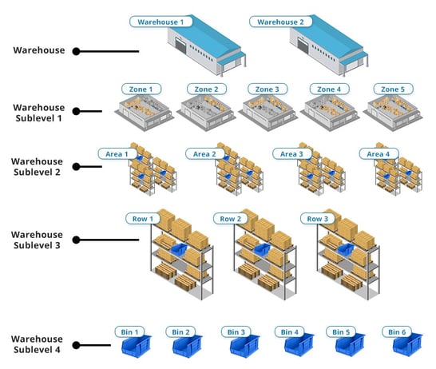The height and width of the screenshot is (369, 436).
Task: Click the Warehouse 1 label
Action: [161, 22]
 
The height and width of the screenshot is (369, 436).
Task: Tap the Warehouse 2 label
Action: [280, 22]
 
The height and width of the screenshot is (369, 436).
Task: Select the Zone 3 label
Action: [268, 89]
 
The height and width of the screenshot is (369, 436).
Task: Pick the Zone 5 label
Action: [393, 89]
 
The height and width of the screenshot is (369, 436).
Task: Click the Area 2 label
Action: [205, 154]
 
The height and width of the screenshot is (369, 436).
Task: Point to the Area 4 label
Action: [379, 154]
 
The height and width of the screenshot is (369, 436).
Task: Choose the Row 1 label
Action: [143, 219]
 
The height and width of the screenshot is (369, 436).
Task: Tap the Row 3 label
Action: [318, 219]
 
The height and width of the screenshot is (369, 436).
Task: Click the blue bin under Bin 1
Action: [137, 345]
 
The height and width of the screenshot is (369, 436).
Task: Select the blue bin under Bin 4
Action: [299, 345]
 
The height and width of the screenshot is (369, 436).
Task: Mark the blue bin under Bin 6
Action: [407, 345]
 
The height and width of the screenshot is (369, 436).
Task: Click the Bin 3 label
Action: [236, 332]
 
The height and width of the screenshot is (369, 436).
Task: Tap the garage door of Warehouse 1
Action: [180, 46]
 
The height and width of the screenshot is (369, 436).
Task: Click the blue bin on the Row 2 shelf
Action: [262, 249]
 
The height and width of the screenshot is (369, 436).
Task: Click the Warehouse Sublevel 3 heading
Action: [37, 240]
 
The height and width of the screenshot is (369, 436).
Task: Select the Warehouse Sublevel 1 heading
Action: [38, 113]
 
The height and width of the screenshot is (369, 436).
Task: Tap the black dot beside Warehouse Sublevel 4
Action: [76, 345]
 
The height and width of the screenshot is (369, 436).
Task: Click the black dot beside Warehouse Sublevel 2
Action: [76, 167]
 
